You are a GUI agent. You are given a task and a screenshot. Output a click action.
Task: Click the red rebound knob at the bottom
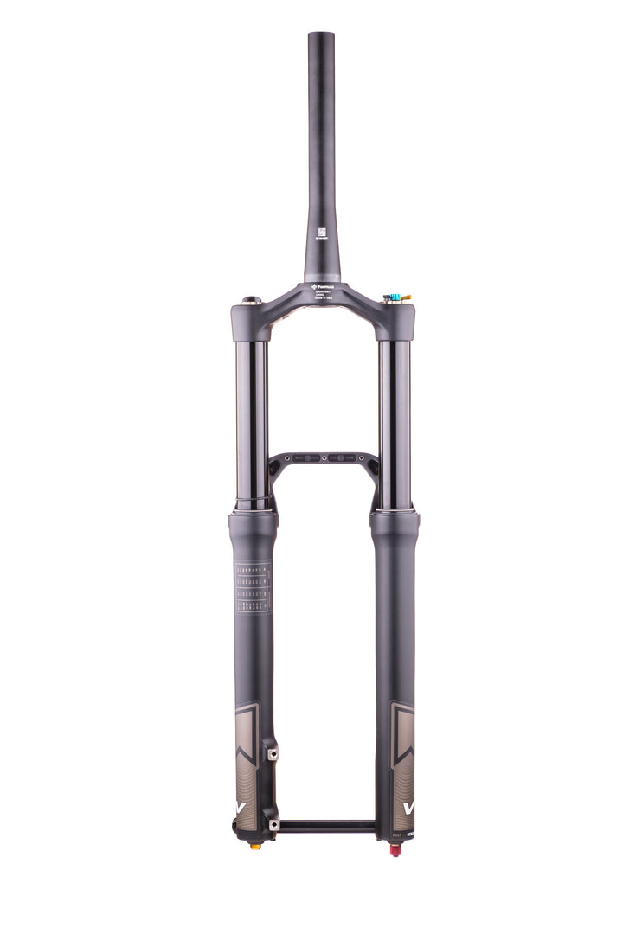point(395,850)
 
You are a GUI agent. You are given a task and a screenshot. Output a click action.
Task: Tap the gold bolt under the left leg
point(254,846)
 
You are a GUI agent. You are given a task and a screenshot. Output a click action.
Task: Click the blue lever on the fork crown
point(395,297)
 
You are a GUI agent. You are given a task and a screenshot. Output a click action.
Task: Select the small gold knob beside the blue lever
point(406,298)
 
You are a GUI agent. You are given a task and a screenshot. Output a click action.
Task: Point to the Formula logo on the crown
point(322,285)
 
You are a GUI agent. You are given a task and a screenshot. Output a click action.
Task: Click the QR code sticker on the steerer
point(322,233)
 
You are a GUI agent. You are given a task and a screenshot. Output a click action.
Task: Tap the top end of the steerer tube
point(321,36)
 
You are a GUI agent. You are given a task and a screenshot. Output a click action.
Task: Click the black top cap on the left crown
point(251,301)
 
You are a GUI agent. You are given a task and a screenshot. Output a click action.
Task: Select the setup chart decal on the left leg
point(252,588)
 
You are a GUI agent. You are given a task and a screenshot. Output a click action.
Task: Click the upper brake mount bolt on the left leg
point(273,754)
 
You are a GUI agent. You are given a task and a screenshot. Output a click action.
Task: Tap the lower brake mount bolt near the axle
point(274,825)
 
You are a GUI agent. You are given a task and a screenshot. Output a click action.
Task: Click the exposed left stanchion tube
point(252,415)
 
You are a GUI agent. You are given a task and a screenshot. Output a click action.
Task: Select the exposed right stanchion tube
point(395,415)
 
